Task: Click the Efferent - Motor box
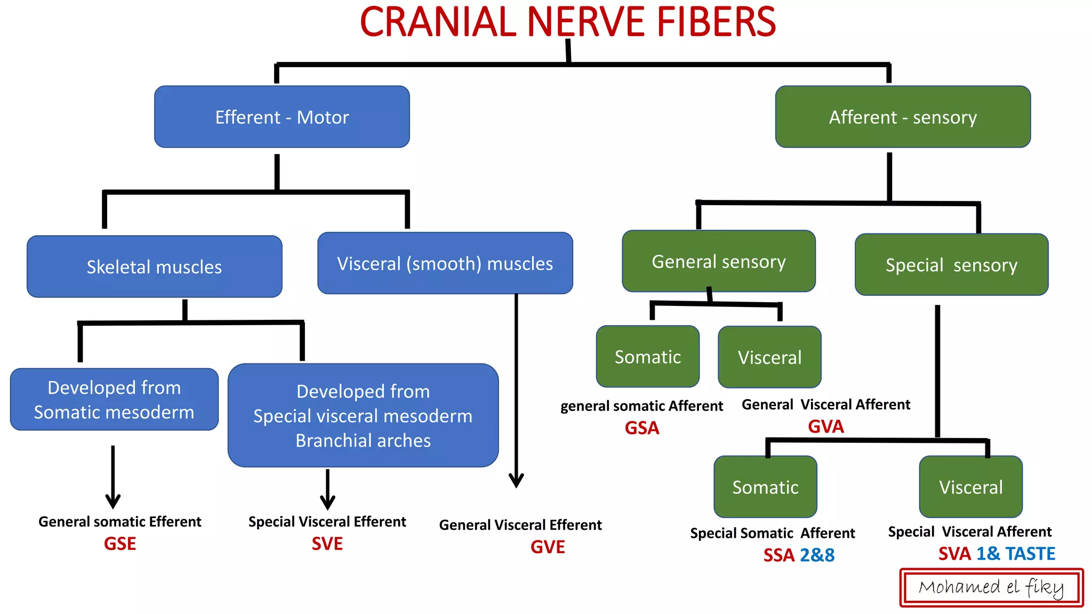tap(282, 117)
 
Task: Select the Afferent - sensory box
tap(902, 117)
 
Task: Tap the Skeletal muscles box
tap(154, 266)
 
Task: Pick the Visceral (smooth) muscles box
tap(445, 263)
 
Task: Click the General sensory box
tap(718, 261)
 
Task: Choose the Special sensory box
tap(951, 264)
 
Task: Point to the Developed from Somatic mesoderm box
tap(114, 399)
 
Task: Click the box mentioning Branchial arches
tap(363, 415)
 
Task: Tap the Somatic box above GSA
tap(647, 357)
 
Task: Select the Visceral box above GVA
tap(769, 357)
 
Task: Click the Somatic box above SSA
tap(765, 487)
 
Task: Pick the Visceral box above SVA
tap(970, 487)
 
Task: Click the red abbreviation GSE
tap(120, 544)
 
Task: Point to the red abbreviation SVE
tap(327, 544)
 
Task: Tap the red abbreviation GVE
tap(548, 547)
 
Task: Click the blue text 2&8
tap(817, 555)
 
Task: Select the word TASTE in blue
tap(1030, 554)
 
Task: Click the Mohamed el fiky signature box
tap(991, 587)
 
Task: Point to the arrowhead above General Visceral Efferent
tap(516, 480)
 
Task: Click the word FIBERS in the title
tap(716, 22)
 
